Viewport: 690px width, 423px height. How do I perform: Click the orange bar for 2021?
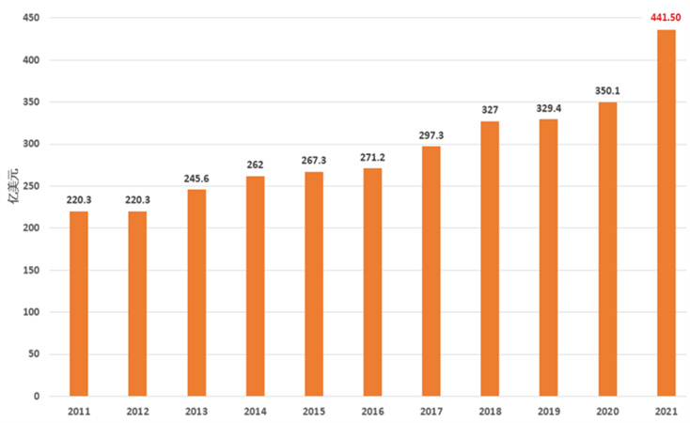click(666, 213)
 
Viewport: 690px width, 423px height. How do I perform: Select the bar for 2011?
click(78, 303)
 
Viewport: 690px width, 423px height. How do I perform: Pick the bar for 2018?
click(490, 258)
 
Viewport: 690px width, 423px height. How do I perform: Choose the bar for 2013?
click(196, 292)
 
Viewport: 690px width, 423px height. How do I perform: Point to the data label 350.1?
click(607, 91)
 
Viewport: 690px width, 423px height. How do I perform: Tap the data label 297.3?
click(431, 135)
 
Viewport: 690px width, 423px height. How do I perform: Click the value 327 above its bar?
click(490, 110)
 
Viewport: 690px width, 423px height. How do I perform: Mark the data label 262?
click(255, 164)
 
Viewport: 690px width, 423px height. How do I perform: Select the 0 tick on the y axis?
click(35, 397)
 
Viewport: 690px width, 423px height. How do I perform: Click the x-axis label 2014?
click(255, 412)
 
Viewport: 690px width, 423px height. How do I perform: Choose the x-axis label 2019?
click(548, 412)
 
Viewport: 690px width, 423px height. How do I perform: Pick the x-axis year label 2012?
click(137, 412)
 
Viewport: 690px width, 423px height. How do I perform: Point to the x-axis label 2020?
click(607, 412)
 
